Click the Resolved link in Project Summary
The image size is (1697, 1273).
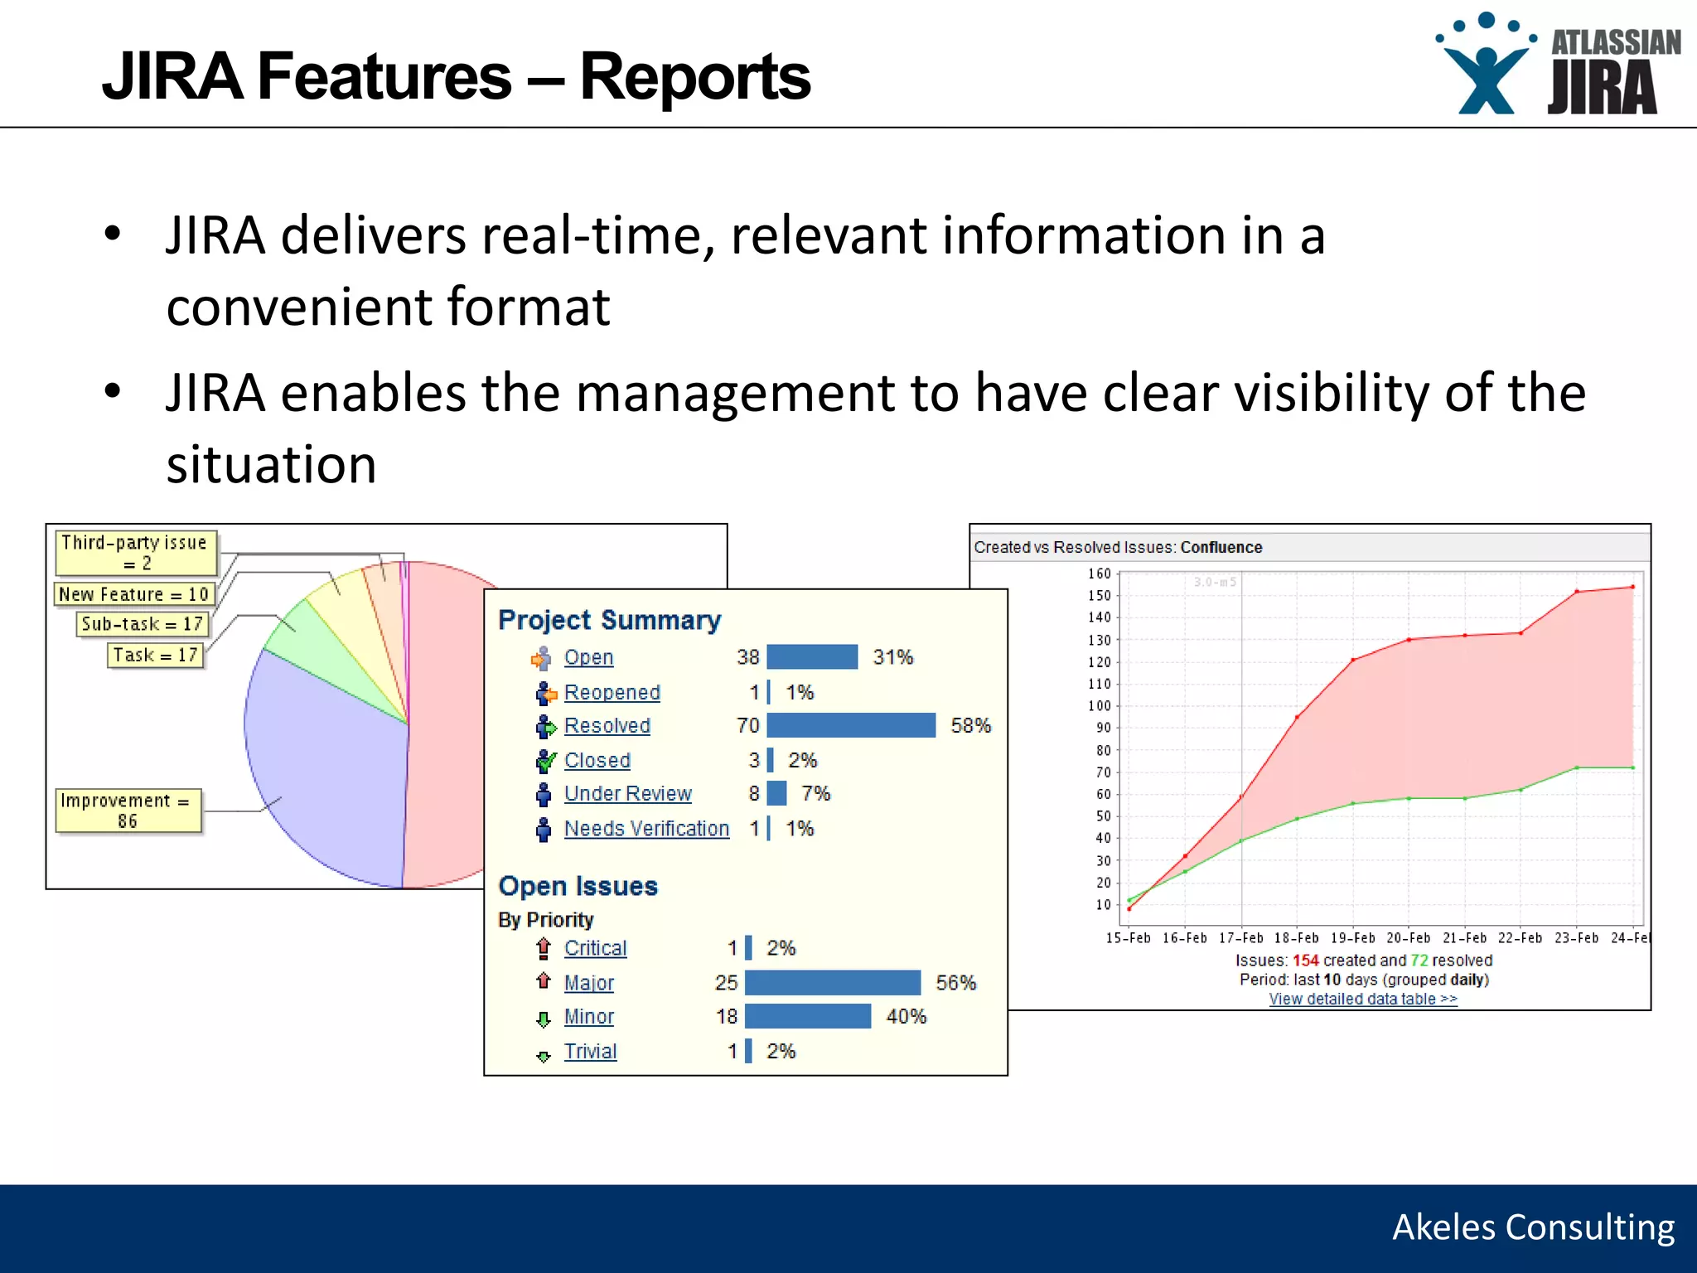(x=607, y=726)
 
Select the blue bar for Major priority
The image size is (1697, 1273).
(x=832, y=983)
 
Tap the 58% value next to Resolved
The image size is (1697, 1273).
(x=970, y=726)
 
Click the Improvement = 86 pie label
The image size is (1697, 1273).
(x=128, y=811)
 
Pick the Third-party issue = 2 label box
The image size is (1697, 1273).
(x=136, y=553)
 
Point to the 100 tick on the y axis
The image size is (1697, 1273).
(x=1099, y=706)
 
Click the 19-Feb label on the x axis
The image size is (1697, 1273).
(x=1352, y=938)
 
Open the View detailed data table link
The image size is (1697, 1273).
(x=1362, y=1000)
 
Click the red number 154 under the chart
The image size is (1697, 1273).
(x=1305, y=961)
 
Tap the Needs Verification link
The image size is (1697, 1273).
(x=646, y=829)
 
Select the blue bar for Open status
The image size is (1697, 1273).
(x=812, y=657)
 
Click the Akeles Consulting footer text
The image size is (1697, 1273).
(x=1533, y=1227)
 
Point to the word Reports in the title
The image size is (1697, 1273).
(x=694, y=77)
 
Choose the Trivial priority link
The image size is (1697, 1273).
(x=590, y=1052)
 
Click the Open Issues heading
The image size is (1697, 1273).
(x=578, y=886)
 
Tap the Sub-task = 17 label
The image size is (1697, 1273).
(x=142, y=624)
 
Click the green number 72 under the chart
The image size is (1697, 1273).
(x=1419, y=961)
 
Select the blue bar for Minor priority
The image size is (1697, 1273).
(x=807, y=1017)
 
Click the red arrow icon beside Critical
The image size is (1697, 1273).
(x=544, y=948)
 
